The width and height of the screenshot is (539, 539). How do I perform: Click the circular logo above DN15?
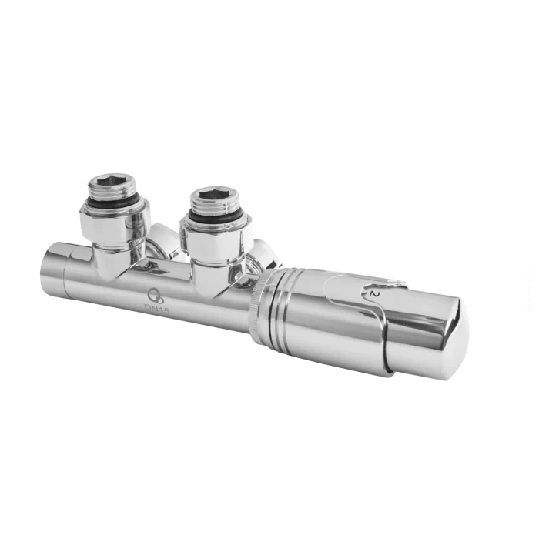[x=156, y=296]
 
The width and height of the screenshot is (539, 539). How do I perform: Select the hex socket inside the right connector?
[x=214, y=195]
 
